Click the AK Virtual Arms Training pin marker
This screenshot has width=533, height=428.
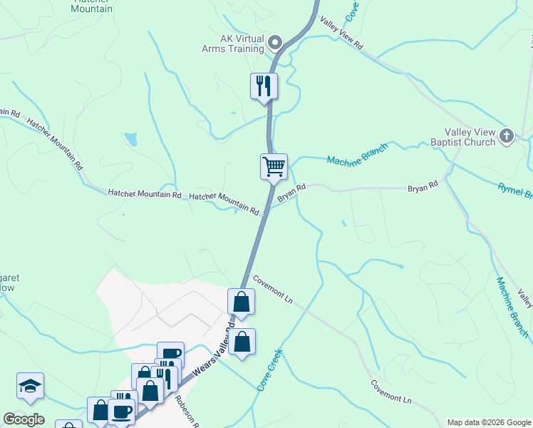pos(276,44)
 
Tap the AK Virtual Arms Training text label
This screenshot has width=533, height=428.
pos(233,44)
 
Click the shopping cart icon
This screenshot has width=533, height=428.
pos(274,167)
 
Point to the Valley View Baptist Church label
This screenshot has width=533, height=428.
pos(470,137)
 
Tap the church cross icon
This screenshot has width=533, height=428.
pos(507,136)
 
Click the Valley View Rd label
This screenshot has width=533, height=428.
pos(342,34)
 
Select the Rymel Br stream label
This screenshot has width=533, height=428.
pos(514,190)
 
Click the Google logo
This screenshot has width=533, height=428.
pos(24,419)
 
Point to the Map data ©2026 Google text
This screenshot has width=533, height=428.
pos(488,422)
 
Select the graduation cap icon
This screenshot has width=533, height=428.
pos(31,386)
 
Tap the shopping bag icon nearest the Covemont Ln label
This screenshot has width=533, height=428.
pos(242,302)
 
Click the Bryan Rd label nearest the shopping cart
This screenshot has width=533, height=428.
pos(291,193)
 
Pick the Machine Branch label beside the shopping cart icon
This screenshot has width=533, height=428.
pos(357,154)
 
